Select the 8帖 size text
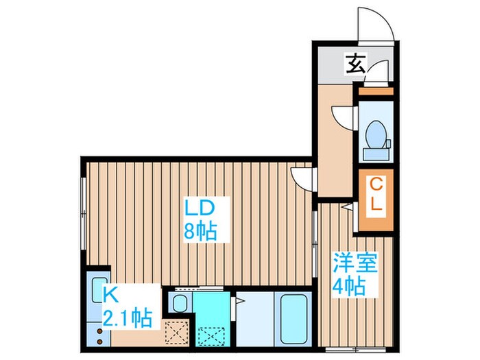click(200, 230)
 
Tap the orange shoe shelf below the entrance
click(374, 91)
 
